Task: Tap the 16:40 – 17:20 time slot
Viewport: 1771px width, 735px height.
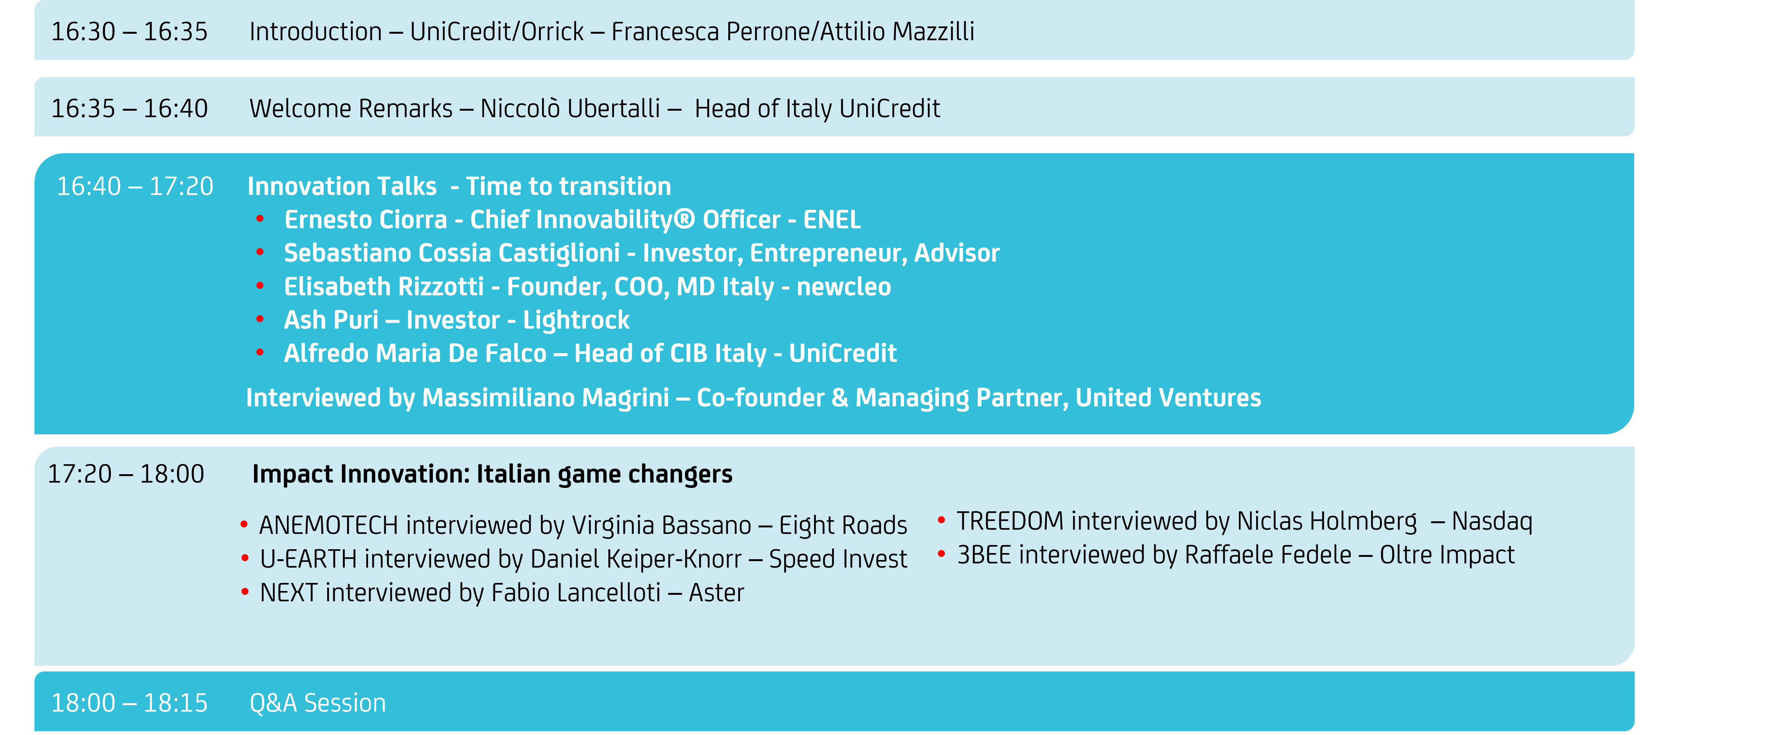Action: pyautogui.click(x=135, y=186)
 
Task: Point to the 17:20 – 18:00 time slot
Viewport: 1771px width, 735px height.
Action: pyautogui.click(x=126, y=474)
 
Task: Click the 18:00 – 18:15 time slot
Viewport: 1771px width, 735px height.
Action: pyautogui.click(x=129, y=703)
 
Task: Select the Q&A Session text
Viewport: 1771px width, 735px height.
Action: pyautogui.click(x=318, y=703)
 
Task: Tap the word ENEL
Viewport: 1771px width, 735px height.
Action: pyautogui.click(x=832, y=220)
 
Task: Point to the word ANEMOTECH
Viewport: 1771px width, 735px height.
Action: pyautogui.click(x=329, y=525)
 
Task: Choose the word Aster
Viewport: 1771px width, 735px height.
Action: pyautogui.click(x=716, y=593)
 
